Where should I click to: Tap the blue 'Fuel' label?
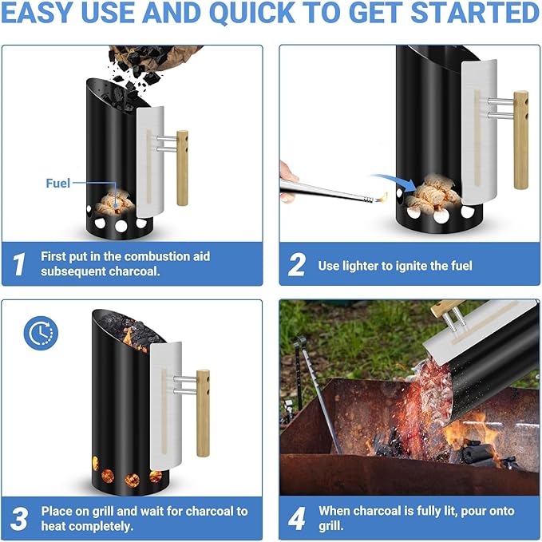[x=58, y=183]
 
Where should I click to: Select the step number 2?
[x=297, y=265]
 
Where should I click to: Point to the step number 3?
[x=19, y=518]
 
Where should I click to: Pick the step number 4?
[x=297, y=518]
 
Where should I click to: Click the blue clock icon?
[x=40, y=333]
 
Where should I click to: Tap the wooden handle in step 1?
[x=182, y=168]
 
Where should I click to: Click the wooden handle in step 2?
[x=520, y=140]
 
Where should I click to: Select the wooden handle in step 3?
[x=203, y=412]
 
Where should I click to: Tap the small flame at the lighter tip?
[x=381, y=196]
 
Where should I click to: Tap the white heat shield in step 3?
[x=163, y=399]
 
